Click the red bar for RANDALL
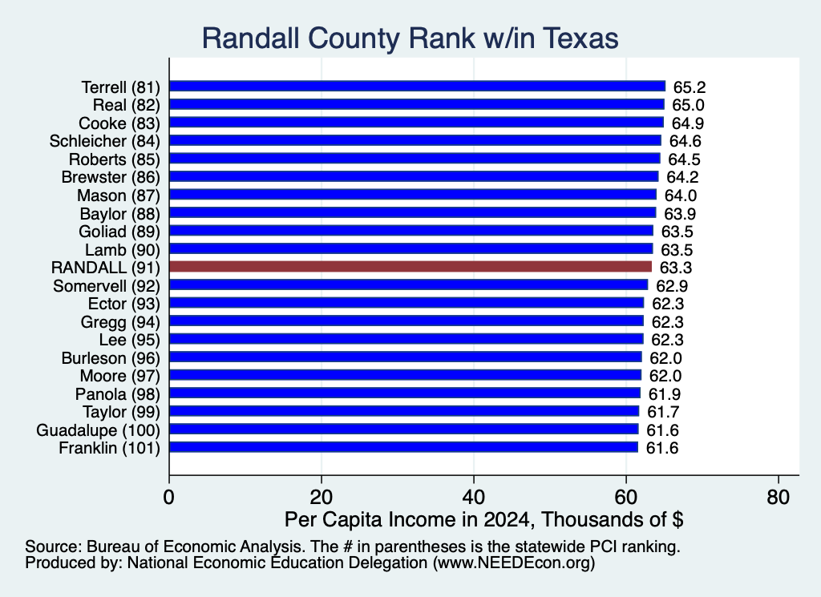(x=410, y=267)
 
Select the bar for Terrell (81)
(x=417, y=87)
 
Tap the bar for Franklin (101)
(x=404, y=447)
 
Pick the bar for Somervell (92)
(x=409, y=285)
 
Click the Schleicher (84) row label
(x=105, y=141)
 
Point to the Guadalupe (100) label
(x=99, y=430)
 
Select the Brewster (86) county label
(x=111, y=177)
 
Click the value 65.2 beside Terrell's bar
(x=689, y=87)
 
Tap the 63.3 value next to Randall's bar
(x=675, y=268)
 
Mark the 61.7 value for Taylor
(x=663, y=412)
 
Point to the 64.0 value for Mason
(x=681, y=196)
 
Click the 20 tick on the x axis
(x=321, y=497)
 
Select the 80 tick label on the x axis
(x=778, y=497)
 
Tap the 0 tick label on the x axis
(x=168, y=497)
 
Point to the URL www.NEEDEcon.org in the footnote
(x=514, y=563)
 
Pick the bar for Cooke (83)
(x=417, y=123)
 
